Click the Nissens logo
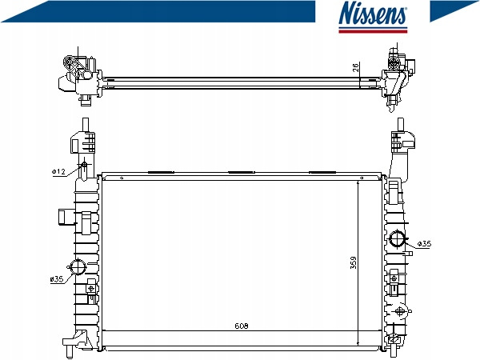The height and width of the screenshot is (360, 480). coord(373,16)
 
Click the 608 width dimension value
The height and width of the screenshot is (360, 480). coord(242,326)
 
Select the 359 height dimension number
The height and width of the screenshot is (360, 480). coord(354,262)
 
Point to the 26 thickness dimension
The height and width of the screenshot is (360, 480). coord(355,67)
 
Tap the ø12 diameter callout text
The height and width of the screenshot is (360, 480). coord(58,172)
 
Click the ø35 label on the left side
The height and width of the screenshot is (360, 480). coord(57,279)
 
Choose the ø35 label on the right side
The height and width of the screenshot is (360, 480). coord(424,244)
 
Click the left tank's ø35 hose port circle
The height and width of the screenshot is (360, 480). coord(78,266)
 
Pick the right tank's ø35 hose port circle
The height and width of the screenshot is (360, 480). coord(397,238)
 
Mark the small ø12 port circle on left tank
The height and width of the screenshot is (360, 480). coord(84,166)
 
